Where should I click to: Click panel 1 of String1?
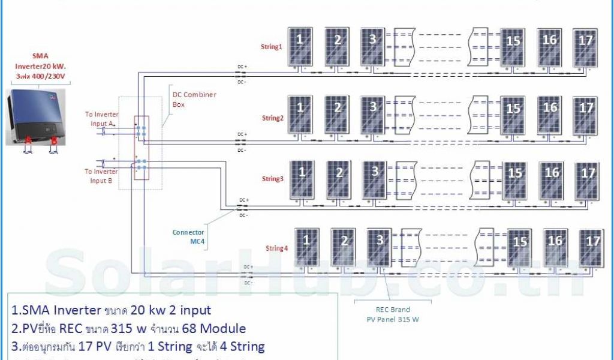(x=300, y=46)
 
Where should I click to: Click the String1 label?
(x=271, y=46)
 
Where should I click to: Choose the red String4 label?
(x=276, y=248)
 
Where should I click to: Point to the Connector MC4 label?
(x=188, y=236)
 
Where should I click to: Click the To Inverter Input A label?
(x=101, y=118)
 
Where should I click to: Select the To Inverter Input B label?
(x=102, y=175)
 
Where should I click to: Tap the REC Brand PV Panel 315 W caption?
(x=393, y=315)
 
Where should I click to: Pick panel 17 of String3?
(x=587, y=179)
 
